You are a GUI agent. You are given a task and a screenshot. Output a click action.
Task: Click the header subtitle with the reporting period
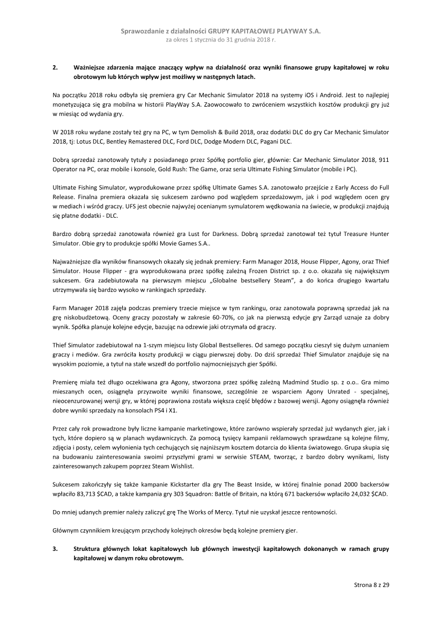click(x=220, y=40)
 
